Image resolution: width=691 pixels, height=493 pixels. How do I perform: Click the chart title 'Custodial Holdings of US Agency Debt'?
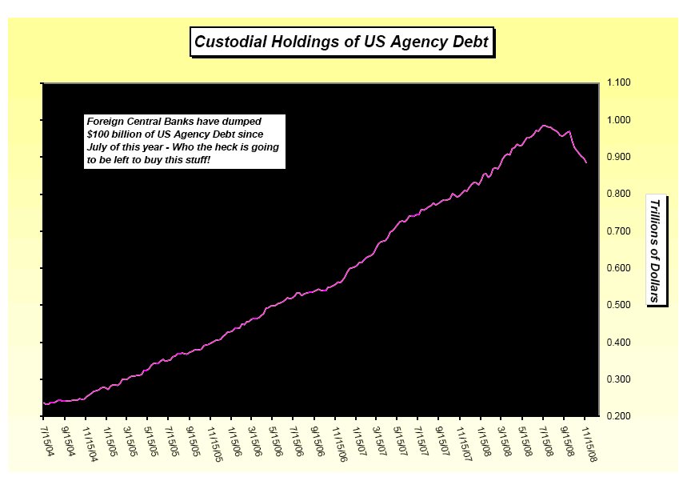point(342,41)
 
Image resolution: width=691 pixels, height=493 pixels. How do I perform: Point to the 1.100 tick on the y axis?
point(621,83)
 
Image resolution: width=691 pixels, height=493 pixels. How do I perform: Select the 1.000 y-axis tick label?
point(621,120)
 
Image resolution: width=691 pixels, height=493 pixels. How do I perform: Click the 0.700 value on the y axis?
point(621,231)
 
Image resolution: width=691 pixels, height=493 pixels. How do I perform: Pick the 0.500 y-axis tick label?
point(621,305)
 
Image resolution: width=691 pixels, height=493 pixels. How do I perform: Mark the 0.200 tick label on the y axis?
point(621,416)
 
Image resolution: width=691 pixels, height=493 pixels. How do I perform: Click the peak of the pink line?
point(544,125)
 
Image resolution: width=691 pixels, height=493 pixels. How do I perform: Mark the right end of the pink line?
point(586,163)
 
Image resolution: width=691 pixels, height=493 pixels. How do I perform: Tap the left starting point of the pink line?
point(43,403)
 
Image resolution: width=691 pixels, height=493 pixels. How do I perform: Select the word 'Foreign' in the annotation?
point(105,122)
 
